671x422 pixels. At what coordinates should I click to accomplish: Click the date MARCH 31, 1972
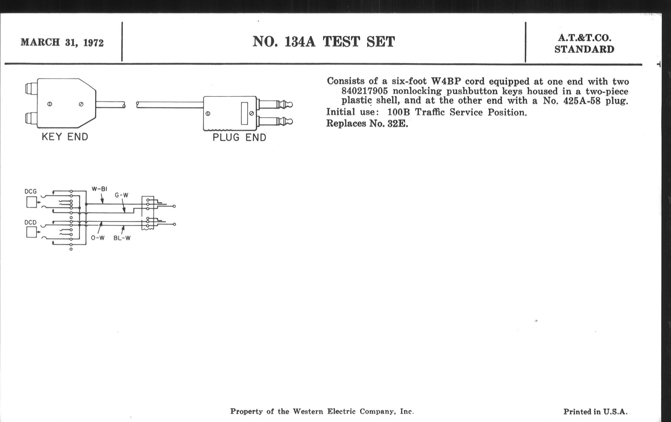(62, 43)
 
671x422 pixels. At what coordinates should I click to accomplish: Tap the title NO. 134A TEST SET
(324, 42)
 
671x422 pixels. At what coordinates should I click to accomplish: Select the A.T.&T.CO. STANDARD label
(584, 44)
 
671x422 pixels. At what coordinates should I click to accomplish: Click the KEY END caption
(65, 137)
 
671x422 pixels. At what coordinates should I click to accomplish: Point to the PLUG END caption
(239, 137)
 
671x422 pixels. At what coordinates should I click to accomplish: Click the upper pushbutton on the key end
(30, 89)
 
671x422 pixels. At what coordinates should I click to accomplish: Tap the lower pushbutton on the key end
(30, 118)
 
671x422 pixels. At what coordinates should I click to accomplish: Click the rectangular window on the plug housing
(244, 113)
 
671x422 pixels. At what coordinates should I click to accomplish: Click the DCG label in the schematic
(30, 191)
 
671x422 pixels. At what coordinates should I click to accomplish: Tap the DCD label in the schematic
(30, 222)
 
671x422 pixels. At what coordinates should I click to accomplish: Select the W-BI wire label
(100, 189)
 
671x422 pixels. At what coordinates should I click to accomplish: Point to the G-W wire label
(121, 195)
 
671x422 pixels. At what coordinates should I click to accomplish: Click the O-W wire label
(98, 238)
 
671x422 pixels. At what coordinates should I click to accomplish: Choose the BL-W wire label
(122, 238)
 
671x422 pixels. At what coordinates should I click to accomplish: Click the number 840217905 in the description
(364, 91)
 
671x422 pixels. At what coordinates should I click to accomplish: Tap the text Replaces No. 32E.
(367, 123)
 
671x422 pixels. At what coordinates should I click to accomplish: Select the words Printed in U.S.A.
(595, 412)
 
